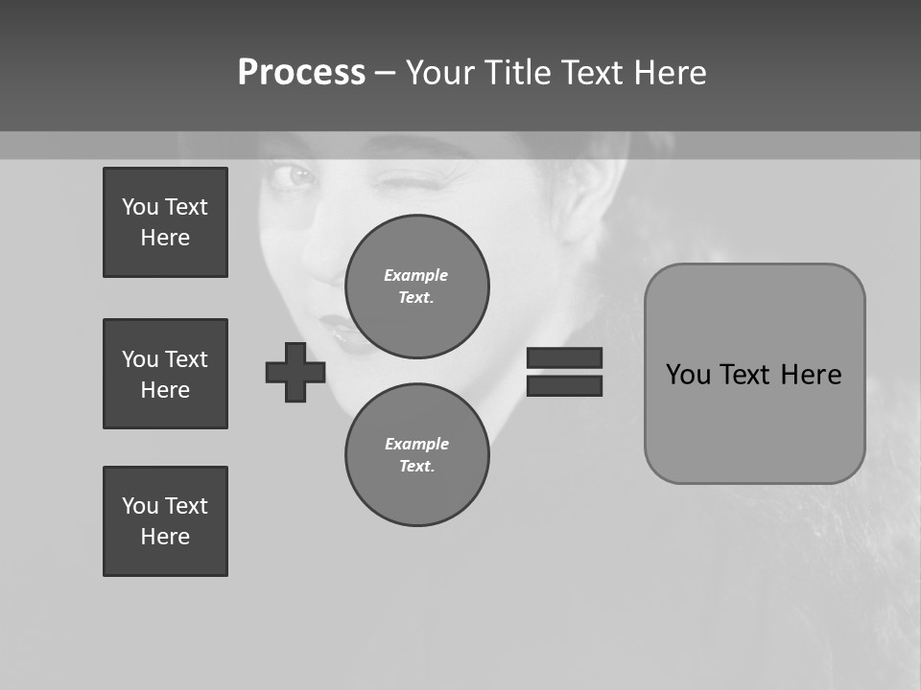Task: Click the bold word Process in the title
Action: click(x=301, y=73)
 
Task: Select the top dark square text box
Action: click(x=165, y=222)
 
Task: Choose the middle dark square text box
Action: click(x=165, y=374)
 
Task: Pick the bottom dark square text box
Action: click(x=165, y=521)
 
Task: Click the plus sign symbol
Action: click(x=295, y=372)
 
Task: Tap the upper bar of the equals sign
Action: click(x=564, y=357)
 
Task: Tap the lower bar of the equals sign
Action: click(x=564, y=385)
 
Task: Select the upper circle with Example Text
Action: click(x=417, y=287)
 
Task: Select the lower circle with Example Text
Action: click(x=417, y=455)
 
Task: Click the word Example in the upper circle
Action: click(x=415, y=275)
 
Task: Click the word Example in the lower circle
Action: click(x=416, y=444)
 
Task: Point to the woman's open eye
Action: click(x=298, y=177)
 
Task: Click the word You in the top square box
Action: click(x=139, y=207)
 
